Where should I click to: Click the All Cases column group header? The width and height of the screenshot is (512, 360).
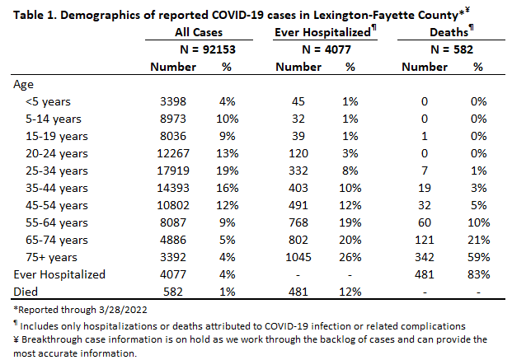coord(199,32)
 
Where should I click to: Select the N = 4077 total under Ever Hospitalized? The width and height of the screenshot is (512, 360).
coord(326,49)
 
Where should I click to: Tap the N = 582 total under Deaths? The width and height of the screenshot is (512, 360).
coord(452,49)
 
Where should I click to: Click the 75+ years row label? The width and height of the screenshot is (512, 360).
coord(51,257)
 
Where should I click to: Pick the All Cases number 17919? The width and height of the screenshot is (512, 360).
coord(173,171)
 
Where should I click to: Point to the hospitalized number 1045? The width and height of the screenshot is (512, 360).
coord(298,257)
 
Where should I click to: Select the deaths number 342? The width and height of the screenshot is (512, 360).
coord(424,257)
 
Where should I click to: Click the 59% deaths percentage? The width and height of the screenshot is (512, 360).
coord(478,257)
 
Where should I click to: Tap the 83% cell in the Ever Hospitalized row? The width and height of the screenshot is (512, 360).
coord(478,274)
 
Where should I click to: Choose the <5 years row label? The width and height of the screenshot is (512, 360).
coord(48,101)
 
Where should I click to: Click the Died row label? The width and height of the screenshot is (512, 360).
coord(26,292)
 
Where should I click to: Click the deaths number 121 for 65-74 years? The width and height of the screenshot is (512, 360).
coord(424,240)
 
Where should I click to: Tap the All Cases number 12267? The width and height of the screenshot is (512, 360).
coord(173,153)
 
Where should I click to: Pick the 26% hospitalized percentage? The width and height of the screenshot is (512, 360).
coord(350,257)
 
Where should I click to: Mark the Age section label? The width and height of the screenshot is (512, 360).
coord(23,85)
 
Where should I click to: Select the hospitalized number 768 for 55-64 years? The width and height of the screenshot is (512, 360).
coord(298,222)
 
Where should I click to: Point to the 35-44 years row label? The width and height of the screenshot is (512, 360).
coord(57,189)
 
